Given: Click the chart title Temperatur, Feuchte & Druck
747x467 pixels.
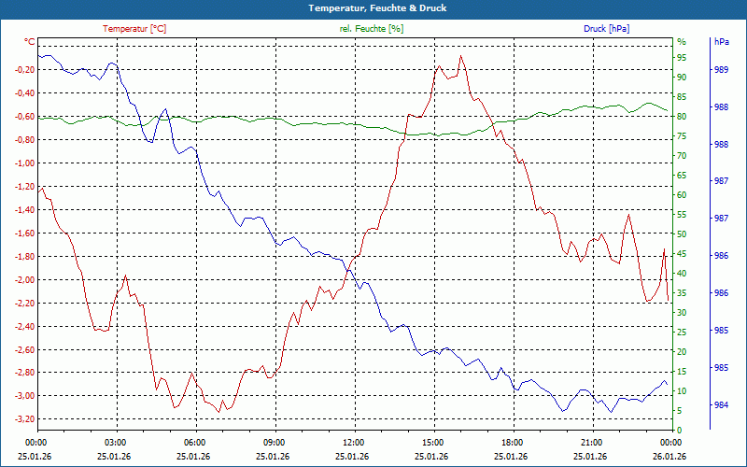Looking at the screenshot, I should pyautogui.click(x=373, y=7).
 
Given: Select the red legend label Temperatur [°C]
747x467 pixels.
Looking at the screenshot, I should pyautogui.click(x=134, y=29).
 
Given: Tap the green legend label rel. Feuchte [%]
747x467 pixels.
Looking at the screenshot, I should pyautogui.click(x=372, y=29).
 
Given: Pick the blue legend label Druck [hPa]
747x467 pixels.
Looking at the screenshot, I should pyautogui.click(x=606, y=29).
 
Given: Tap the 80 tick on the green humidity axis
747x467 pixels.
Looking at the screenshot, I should pyautogui.click(x=682, y=117).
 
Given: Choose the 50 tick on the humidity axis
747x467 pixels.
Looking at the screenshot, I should pyautogui.click(x=682, y=234).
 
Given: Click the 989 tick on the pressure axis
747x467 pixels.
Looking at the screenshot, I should pyautogui.click(x=720, y=70).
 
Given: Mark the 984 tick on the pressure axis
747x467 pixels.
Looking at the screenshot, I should pyautogui.click(x=720, y=405).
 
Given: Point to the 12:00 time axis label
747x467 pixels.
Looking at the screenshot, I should pyautogui.click(x=354, y=442).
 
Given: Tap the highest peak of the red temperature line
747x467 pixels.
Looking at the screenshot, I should pyautogui.click(x=460, y=56).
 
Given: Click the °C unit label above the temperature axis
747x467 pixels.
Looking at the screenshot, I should pyautogui.click(x=30, y=42).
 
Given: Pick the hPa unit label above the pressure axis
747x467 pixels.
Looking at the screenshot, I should pyautogui.click(x=721, y=42).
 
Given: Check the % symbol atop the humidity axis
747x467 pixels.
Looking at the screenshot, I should pyautogui.click(x=682, y=42).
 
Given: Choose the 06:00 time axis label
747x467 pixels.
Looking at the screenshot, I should pyautogui.click(x=195, y=442).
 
